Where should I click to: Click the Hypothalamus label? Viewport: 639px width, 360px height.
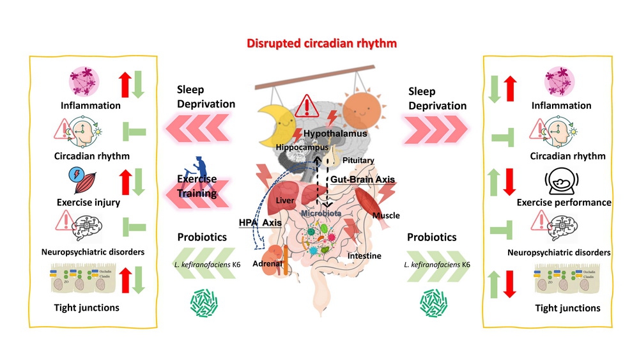(335, 134)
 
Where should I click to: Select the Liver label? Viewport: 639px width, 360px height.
(284, 201)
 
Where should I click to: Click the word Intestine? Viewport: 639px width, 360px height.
(364, 256)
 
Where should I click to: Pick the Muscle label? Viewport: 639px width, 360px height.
(386, 215)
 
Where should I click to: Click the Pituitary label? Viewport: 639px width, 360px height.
(358, 160)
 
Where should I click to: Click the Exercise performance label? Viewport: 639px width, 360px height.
(564, 203)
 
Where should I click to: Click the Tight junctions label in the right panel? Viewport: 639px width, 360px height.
(567, 308)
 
